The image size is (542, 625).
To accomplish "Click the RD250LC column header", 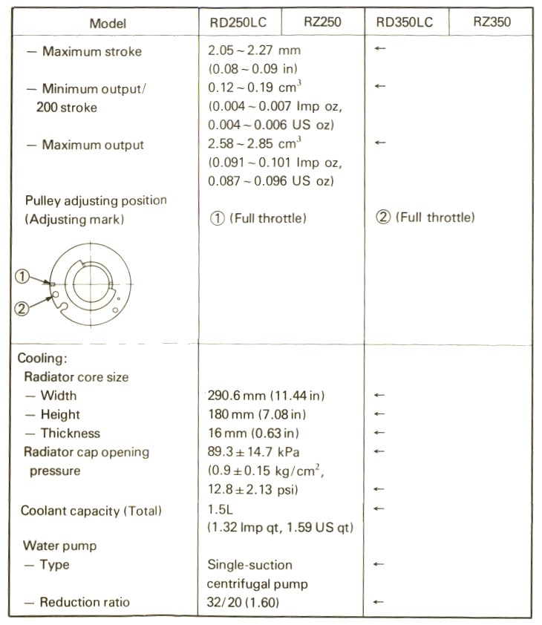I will click(238, 22).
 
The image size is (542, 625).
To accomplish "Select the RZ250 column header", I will click(323, 22).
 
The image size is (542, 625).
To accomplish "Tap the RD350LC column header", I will click(405, 22).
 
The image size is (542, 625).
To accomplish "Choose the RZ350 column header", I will click(492, 22).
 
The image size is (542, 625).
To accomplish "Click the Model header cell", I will click(108, 23).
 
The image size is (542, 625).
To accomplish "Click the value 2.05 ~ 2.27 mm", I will click(255, 52).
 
